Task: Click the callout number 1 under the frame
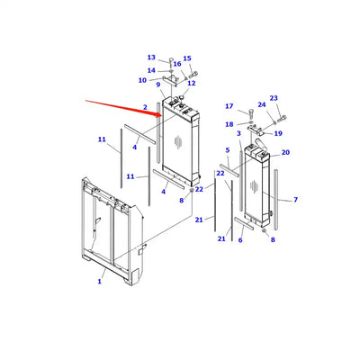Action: (99, 282)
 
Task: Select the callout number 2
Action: (144, 109)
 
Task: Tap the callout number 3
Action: (238, 134)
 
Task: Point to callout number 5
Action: (228, 149)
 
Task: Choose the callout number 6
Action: (239, 240)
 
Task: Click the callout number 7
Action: (295, 199)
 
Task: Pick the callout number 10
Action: (142, 80)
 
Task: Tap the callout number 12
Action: (191, 83)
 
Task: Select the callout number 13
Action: (151, 57)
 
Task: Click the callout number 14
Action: (151, 70)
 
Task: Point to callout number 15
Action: (187, 59)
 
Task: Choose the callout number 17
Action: (229, 106)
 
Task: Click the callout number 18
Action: (229, 124)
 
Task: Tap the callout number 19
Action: (278, 133)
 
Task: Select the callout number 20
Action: (285, 152)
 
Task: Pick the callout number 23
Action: (274, 98)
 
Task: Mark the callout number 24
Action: (262, 104)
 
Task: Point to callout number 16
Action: (177, 65)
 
